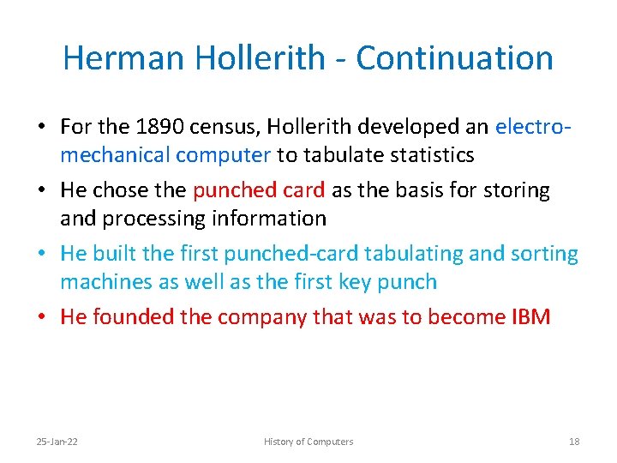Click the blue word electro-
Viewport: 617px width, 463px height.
[x=533, y=128]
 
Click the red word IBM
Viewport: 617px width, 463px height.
[x=530, y=317]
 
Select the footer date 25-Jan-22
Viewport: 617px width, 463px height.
[x=57, y=442]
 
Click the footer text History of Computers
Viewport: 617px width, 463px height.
[x=308, y=442]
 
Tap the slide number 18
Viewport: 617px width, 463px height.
[x=574, y=442]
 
